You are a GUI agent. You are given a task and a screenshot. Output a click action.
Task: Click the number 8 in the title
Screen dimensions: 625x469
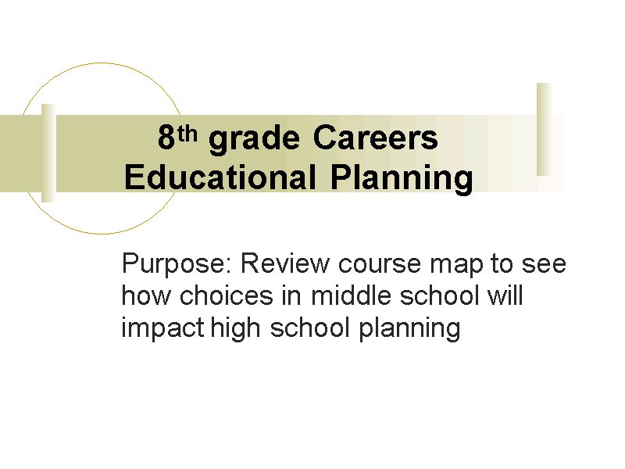tap(166, 138)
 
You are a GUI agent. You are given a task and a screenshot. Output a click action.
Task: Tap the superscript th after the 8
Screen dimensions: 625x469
tap(187, 134)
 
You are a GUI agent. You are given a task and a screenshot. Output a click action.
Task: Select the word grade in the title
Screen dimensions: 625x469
tap(254, 140)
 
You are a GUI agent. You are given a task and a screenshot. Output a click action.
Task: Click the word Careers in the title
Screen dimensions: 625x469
tap(375, 138)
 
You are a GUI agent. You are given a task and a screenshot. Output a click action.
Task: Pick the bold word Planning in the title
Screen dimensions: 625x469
tap(402, 180)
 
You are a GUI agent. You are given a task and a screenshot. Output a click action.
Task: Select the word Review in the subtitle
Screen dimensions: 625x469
tap(285, 263)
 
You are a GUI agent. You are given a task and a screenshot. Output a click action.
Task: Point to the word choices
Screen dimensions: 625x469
tap(227, 295)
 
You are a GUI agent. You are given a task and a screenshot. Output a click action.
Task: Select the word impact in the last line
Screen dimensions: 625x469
tap(163, 329)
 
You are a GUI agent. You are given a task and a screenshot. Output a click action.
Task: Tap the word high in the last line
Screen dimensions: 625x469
tap(235, 329)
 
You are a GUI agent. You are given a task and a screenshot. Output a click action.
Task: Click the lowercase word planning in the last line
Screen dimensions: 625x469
tap(409, 329)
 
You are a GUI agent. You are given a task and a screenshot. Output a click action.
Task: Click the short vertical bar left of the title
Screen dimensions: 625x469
tap(48, 153)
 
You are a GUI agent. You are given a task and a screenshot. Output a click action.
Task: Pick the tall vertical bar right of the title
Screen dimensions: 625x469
tap(545, 129)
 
